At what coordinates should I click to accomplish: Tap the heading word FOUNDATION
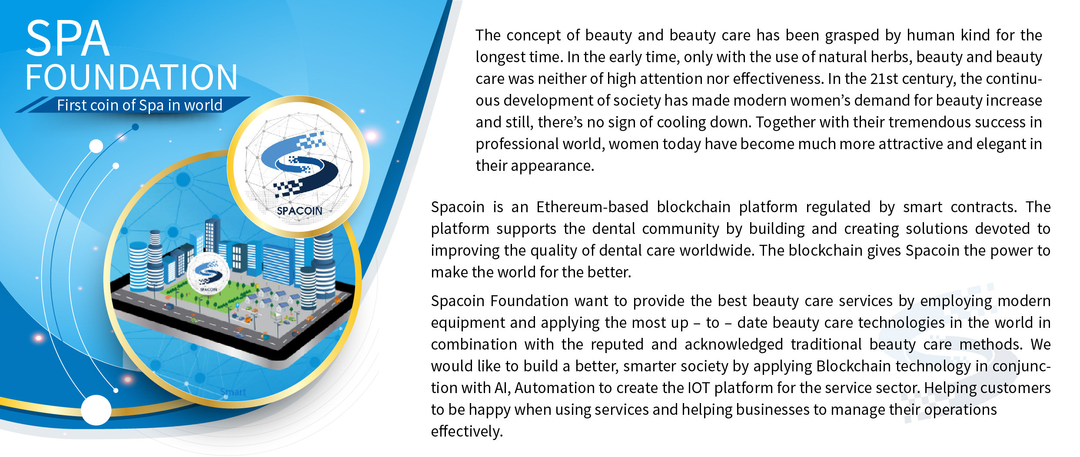tap(131, 77)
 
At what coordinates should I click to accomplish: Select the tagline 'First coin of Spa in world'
tap(140, 105)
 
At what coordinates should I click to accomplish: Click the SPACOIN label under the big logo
tap(299, 211)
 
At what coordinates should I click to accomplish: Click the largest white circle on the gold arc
tap(96, 410)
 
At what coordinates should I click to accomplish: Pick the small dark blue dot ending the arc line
tap(135, 127)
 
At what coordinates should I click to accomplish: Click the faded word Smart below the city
tap(233, 392)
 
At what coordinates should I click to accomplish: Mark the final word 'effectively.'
tap(467, 431)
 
